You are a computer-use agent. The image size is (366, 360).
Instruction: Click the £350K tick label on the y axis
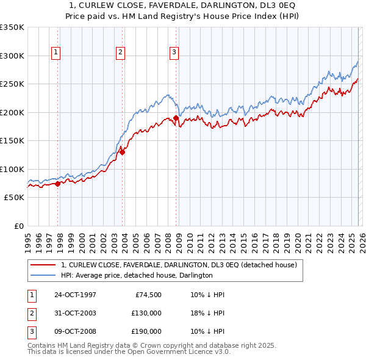point(12,27)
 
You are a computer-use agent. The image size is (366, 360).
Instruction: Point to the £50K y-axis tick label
point(14,198)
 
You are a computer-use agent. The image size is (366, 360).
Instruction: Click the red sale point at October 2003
point(123,152)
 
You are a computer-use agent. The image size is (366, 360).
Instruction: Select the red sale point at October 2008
point(176,118)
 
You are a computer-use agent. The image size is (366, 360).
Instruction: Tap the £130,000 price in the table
point(146,314)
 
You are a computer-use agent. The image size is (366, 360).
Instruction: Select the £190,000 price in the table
point(146,332)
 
